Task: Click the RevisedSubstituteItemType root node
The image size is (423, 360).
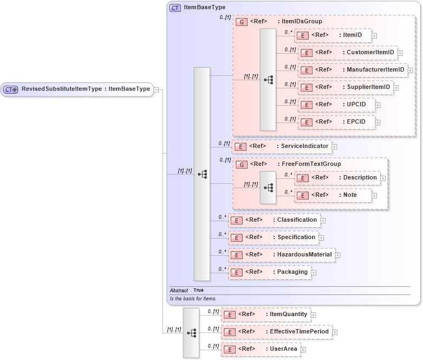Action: pos(77,89)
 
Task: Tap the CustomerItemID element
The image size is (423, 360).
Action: pos(347,53)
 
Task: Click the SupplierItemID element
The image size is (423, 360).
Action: pos(344,87)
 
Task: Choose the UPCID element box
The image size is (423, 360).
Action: pos(336,105)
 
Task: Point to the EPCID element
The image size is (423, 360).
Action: pos(336,122)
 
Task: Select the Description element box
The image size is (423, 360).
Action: pos(337,178)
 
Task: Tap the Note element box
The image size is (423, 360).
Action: pos(333,195)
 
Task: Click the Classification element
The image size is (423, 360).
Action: pos(274,220)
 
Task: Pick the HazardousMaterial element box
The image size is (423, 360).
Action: pos(281,255)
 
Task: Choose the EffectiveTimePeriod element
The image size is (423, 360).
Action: pos(276,332)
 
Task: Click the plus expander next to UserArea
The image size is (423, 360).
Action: pos(303,350)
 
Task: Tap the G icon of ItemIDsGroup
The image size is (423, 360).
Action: pos(242,22)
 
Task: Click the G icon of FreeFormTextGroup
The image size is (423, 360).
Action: pos(242,164)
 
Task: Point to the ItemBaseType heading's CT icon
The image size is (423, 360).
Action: pos(175,8)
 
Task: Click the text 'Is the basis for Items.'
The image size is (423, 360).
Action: pos(193,299)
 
